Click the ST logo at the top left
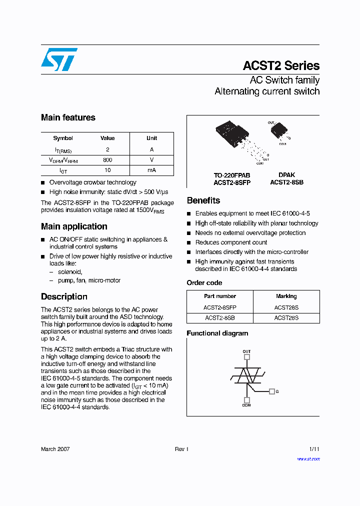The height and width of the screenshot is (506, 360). [x=59, y=59]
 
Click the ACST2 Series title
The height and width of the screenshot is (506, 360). [x=281, y=66]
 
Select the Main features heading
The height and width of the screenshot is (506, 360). [x=68, y=118]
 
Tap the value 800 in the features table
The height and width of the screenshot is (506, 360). [x=107, y=160]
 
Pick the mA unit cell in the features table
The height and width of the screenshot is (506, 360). [x=151, y=170]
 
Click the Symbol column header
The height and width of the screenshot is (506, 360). [x=63, y=138]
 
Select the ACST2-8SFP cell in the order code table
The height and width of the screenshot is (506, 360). [x=220, y=307]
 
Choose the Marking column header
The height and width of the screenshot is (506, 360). [x=286, y=296]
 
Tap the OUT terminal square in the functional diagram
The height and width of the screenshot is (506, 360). [x=246, y=358]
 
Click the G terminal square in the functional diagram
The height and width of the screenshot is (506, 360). [x=271, y=391]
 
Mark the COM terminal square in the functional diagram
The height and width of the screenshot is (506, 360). [x=246, y=399]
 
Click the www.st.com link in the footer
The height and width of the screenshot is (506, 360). [x=308, y=458]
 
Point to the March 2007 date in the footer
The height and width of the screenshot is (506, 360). [x=55, y=449]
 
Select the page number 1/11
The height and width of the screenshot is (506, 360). [x=314, y=449]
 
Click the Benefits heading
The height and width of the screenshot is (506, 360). [x=203, y=200]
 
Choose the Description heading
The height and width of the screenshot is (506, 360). [x=64, y=296]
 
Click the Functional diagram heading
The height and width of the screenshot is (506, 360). [x=217, y=333]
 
